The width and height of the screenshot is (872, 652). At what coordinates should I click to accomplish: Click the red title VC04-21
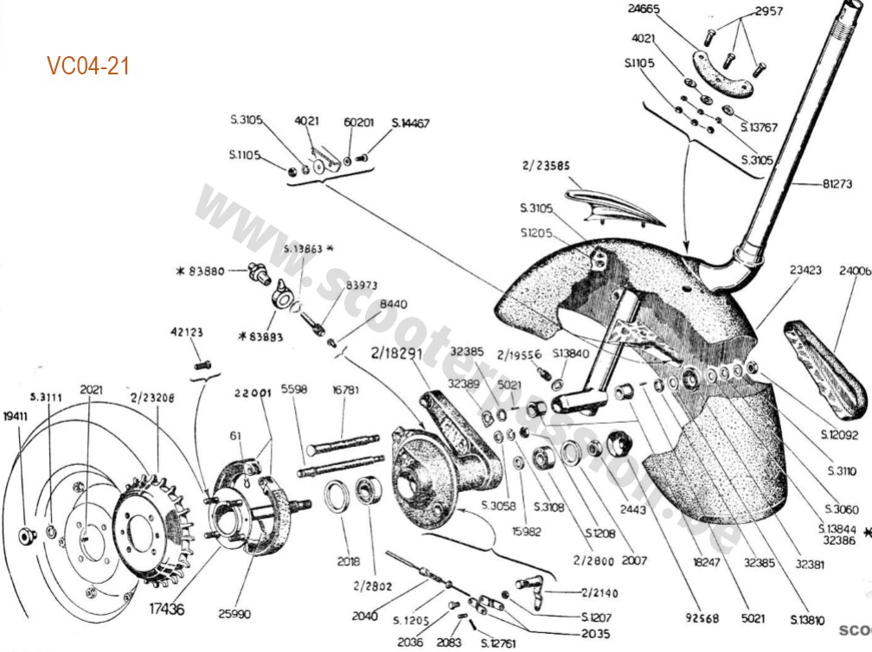88,67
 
